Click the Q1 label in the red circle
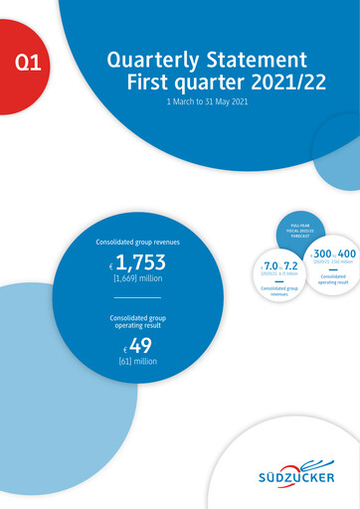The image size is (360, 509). point(29,67)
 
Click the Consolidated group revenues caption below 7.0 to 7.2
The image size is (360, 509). point(279,291)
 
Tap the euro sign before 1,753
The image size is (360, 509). point(111,267)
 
